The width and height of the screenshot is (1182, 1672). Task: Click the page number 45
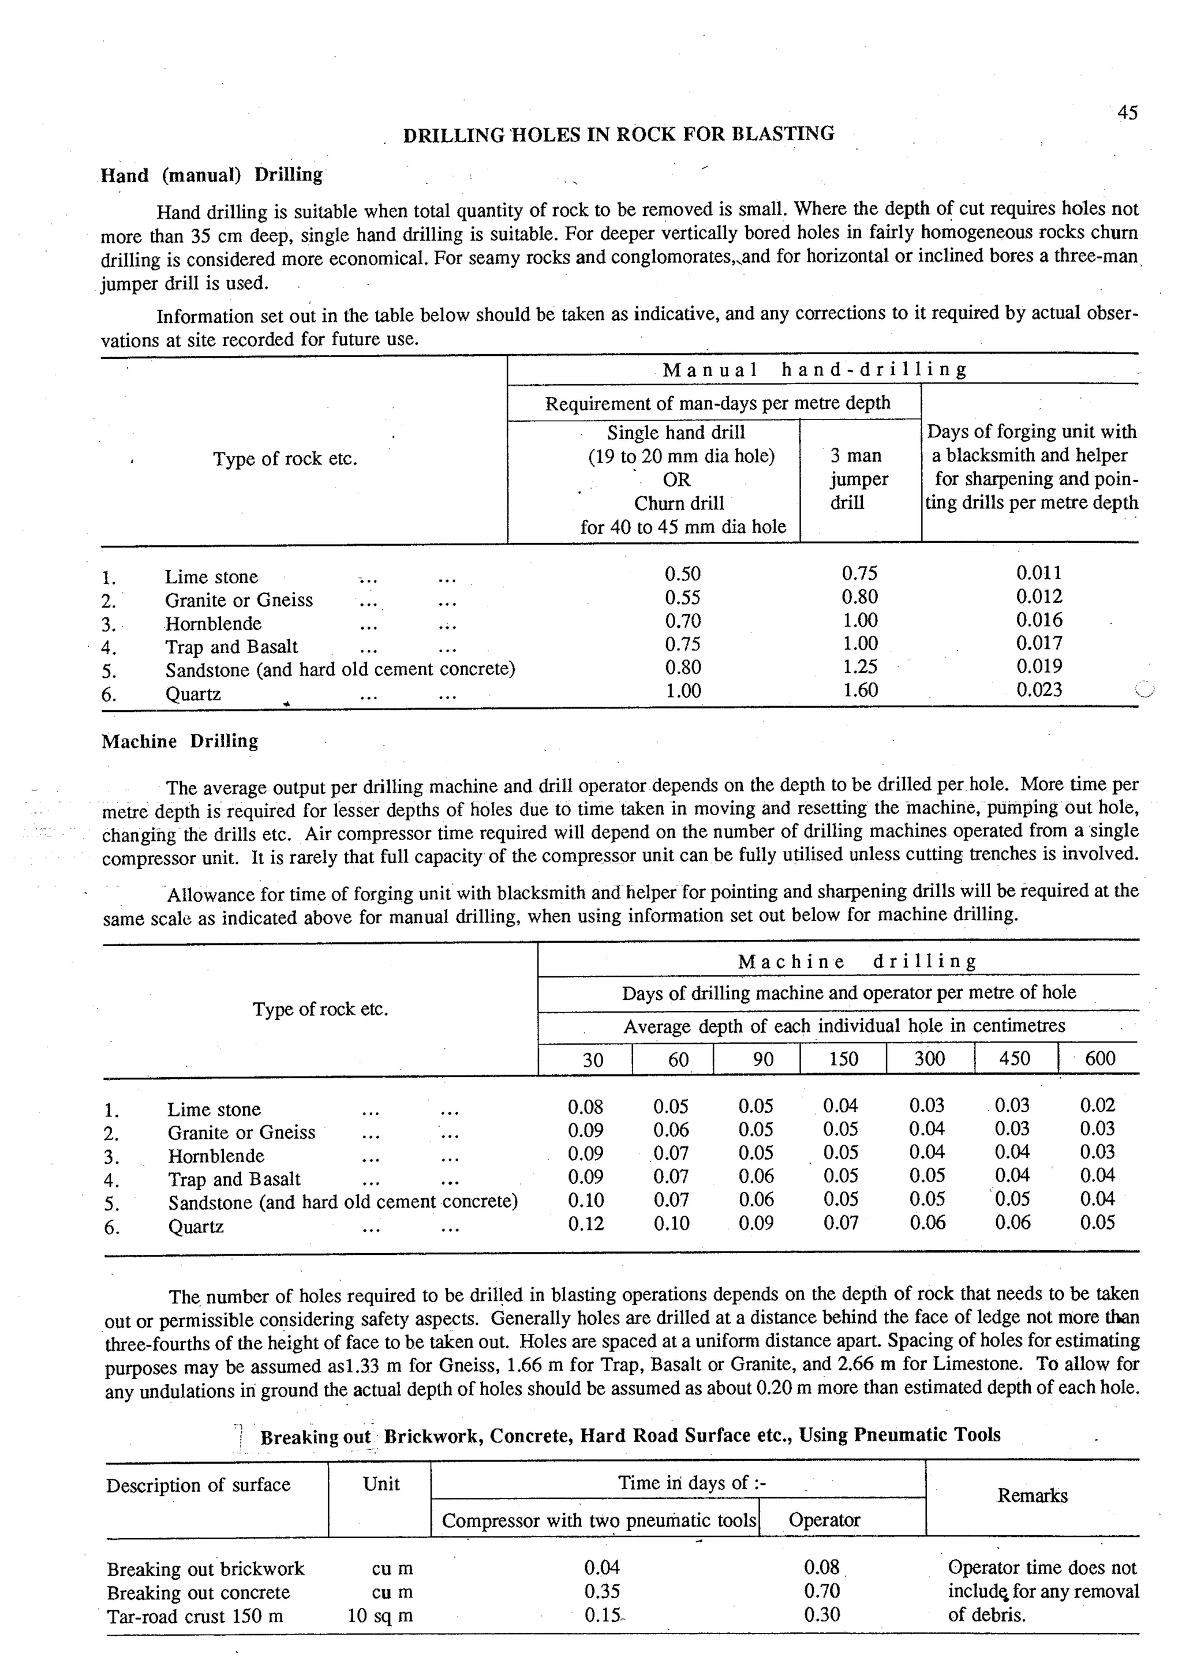[1127, 113]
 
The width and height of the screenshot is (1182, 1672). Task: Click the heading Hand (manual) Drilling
[212, 175]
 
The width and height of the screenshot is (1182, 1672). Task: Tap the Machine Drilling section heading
[180, 741]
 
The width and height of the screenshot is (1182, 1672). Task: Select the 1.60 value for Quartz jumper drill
[860, 689]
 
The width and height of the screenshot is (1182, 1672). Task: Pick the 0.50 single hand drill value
[682, 574]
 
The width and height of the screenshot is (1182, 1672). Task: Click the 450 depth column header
[1015, 1058]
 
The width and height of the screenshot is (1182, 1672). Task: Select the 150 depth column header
[843, 1059]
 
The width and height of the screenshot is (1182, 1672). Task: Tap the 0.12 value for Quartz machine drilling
[586, 1223]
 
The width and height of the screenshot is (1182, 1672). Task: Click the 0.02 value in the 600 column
[1098, 1105]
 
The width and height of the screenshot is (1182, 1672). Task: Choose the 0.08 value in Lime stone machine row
[586, 1107]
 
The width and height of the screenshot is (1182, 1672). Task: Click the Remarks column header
[1032, 1496]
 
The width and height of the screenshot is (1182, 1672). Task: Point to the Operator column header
[824, 1520]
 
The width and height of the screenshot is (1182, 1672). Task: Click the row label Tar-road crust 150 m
[194, 1617]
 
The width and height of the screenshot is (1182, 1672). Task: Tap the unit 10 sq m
[380, 1616]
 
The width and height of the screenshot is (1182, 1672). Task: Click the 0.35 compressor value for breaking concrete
[601, 1592]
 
